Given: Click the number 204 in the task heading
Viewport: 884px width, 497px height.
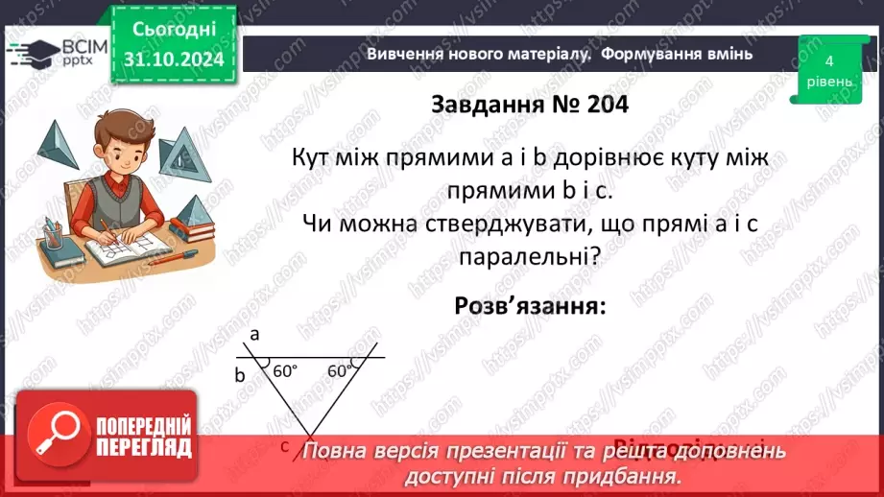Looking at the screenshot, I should click(603, 104).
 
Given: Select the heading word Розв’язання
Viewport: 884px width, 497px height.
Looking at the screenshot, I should click(529, 307).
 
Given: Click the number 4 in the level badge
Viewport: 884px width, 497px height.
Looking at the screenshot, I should click(828, 60).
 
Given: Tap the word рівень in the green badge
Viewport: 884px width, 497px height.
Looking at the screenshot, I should click(828, 82).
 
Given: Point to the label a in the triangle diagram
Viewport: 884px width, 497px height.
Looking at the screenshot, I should click(254, 334).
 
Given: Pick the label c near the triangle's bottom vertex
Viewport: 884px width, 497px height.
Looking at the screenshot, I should click(285, 445).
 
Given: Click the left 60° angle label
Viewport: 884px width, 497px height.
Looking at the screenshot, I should click(285, 370).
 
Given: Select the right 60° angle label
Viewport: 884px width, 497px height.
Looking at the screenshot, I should click(340, 370).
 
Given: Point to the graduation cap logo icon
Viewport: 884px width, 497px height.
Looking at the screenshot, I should click(32, 50).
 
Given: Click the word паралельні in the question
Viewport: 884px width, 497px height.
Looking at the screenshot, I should click(529, 258).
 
